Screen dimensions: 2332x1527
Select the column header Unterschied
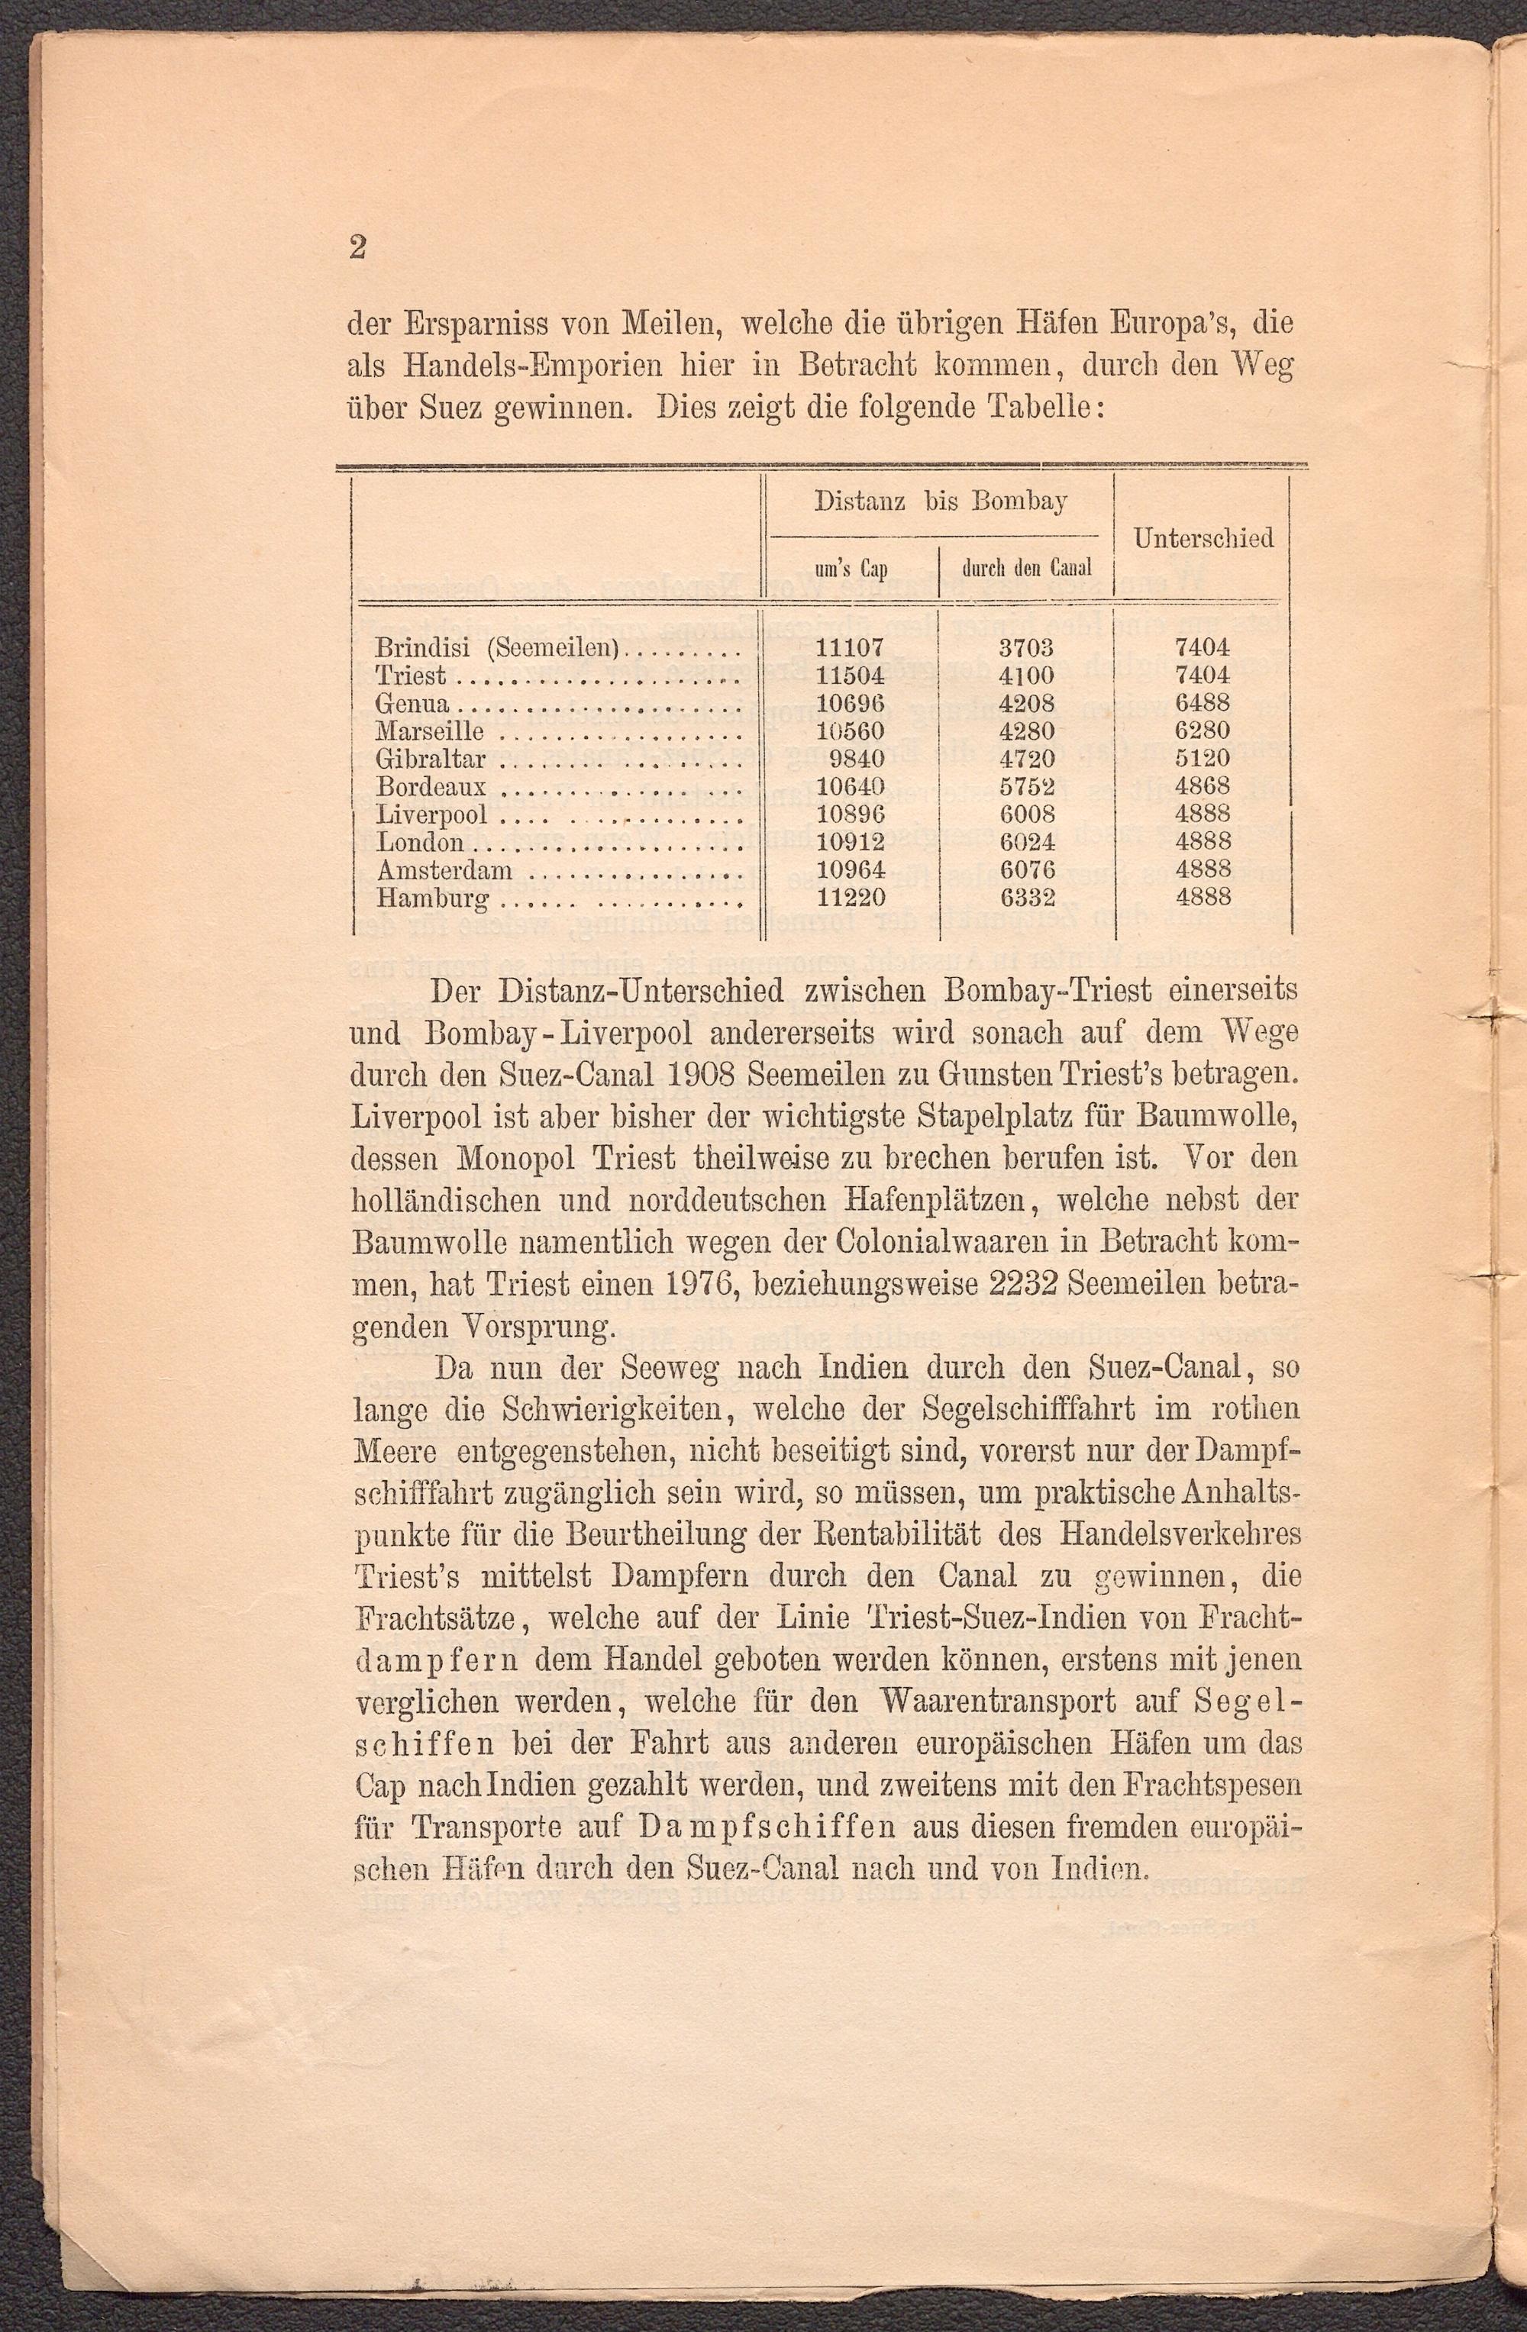[x=1203, y=538]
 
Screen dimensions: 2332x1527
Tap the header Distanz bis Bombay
[x=940, y=502]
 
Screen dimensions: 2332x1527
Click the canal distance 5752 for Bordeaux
[x=1026, y=785]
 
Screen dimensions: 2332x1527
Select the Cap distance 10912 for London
[x=850, y=840]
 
